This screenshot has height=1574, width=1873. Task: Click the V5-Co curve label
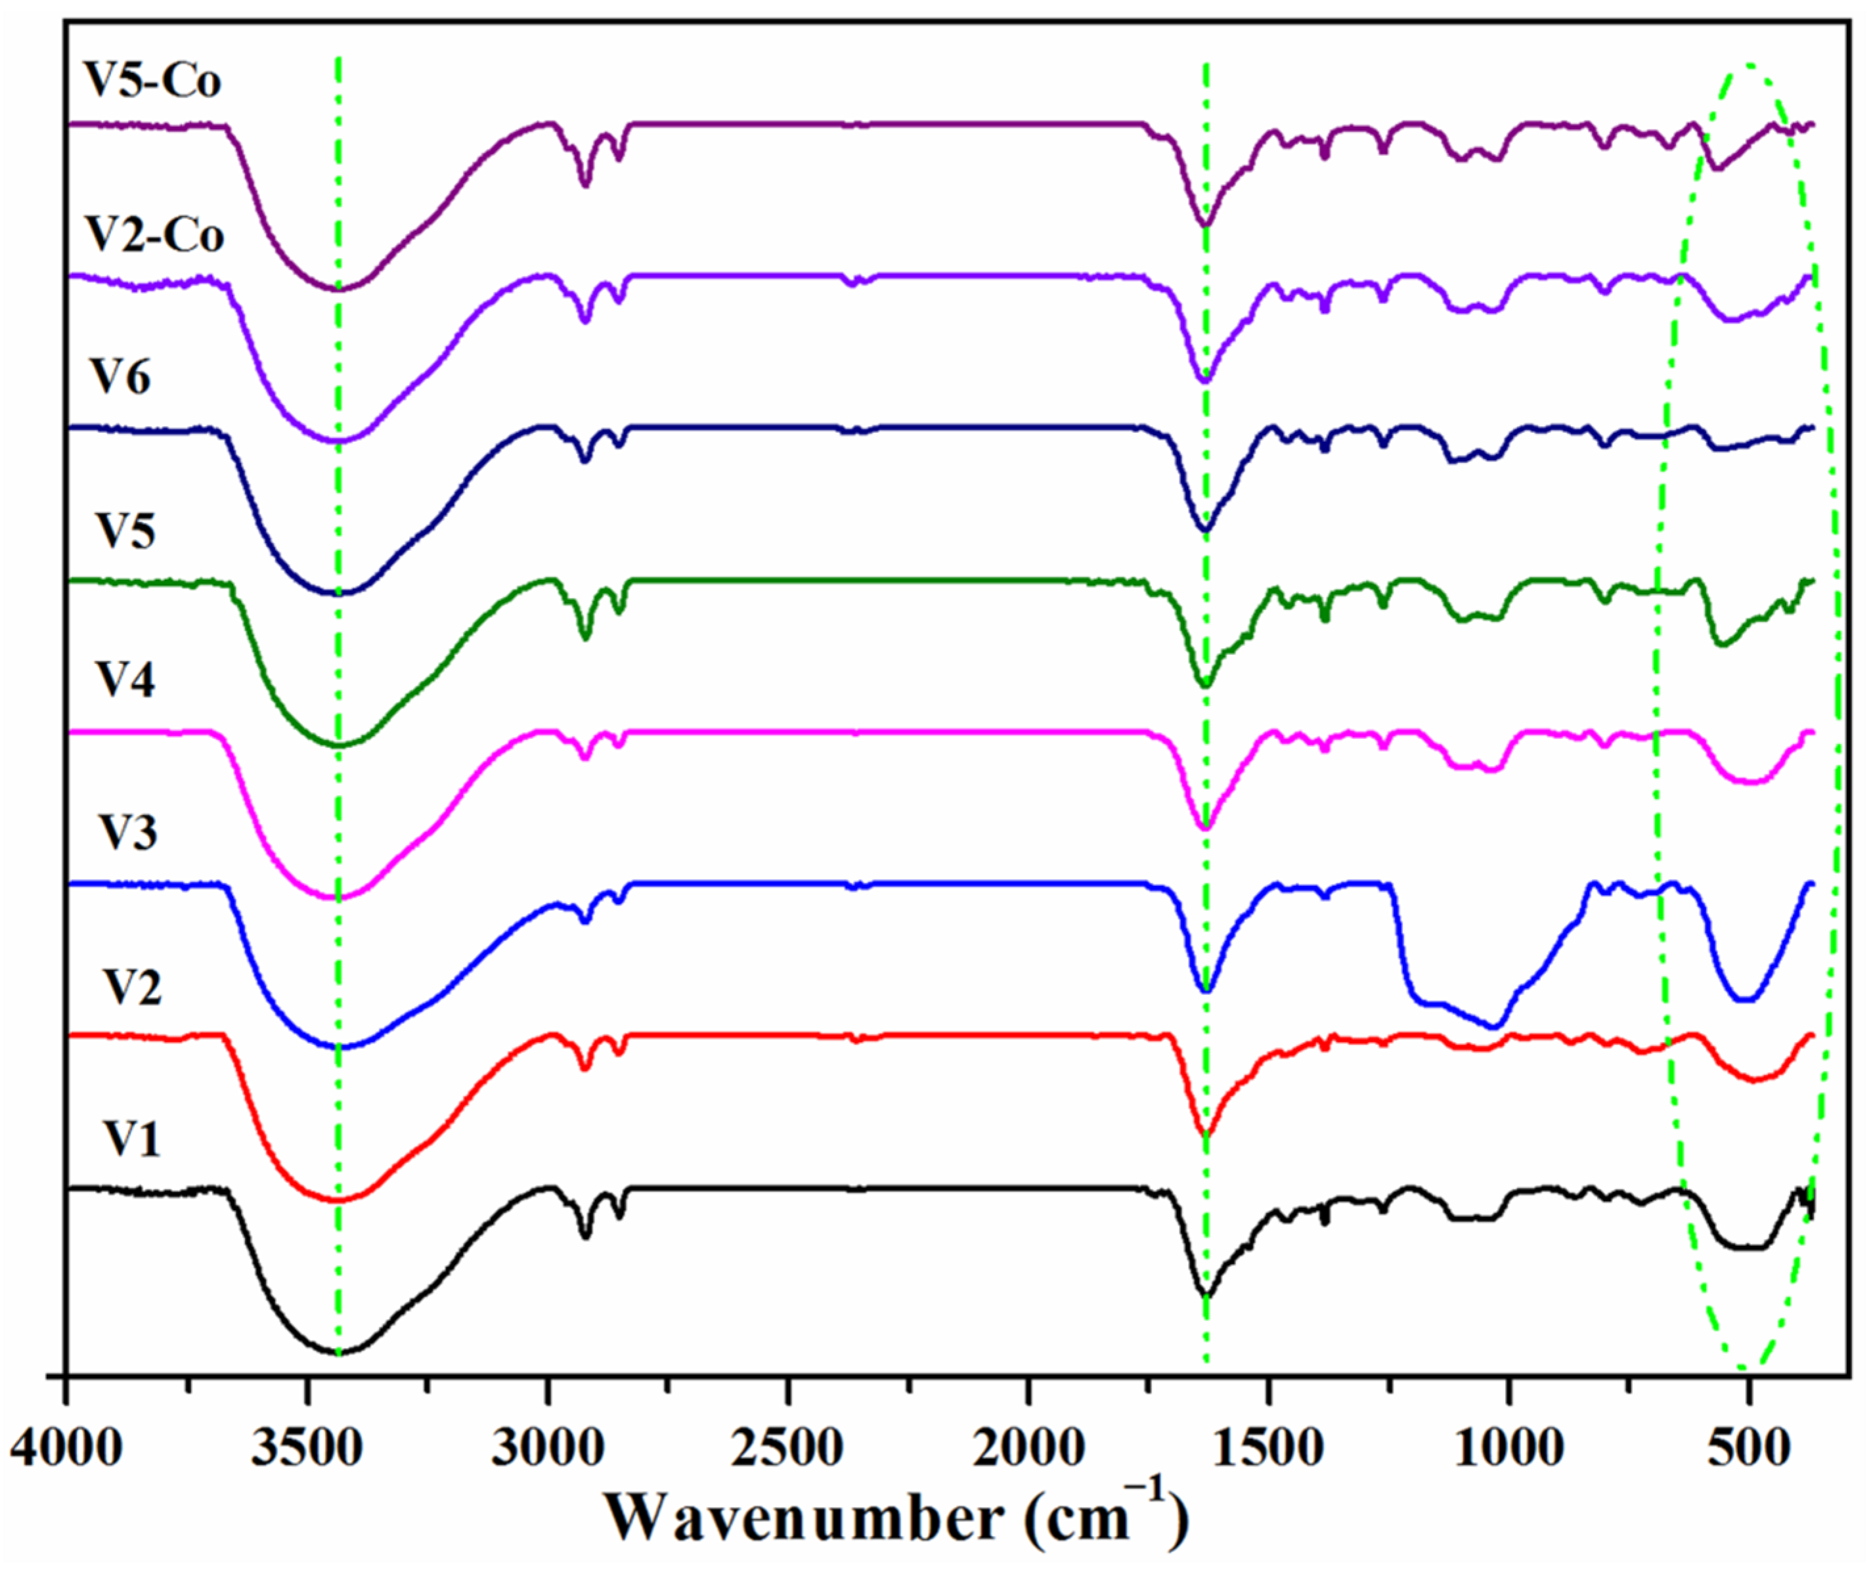pos(152,80)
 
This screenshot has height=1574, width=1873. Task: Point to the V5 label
pos(125,531)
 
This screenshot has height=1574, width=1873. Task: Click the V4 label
pos(125,680)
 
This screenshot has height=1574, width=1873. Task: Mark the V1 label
pos(131,1139)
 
